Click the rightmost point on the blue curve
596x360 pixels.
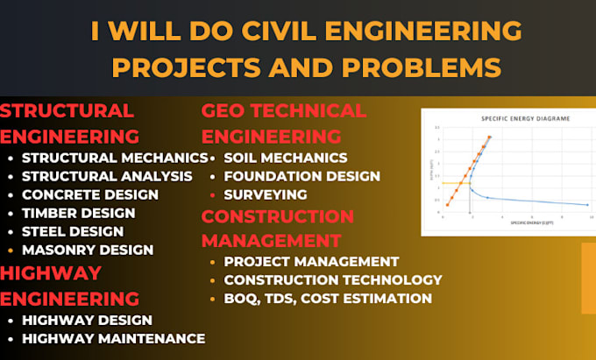click(587, 205)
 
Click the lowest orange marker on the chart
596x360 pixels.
click(448, 205)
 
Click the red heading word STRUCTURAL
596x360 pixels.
click(67, 110)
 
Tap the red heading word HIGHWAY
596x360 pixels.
click(51, 272)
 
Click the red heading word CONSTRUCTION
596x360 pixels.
click(278, 215)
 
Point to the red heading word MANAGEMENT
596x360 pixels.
click(273, 239)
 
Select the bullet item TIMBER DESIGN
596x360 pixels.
click(78, 213)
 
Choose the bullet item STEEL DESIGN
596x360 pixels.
click(73, 231)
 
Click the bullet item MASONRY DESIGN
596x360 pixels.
click(88, 250)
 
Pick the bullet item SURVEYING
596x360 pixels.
click(266, 194)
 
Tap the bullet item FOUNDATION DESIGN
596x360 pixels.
click(302, 176)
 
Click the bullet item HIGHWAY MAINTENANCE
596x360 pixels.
click(113, 338)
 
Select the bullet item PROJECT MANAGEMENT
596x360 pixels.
click(311, 261)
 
